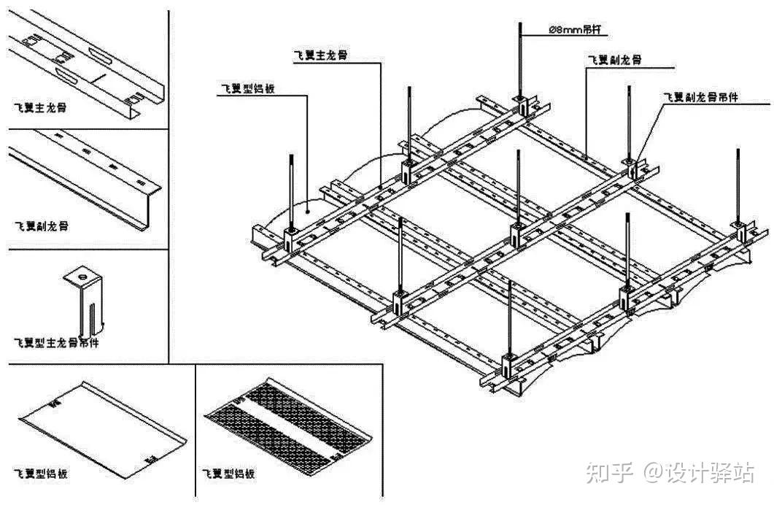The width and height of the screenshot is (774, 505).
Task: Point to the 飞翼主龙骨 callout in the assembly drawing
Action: click(320, 56)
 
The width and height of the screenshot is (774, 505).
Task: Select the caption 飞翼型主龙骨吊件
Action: click(57, 342)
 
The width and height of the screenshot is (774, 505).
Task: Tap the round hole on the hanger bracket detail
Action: click(82, 277)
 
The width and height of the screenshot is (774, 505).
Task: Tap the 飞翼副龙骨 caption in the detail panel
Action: click(42, 225)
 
